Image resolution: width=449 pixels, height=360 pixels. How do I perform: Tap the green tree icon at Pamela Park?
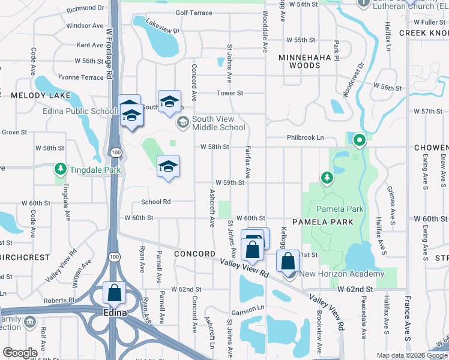click(327, 177)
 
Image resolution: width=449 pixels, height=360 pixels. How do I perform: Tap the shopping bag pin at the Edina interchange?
click(114, 293)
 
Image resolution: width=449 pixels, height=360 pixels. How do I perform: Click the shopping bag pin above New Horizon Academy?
click(288, 262)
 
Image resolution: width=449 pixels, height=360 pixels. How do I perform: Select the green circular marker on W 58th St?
click(360, 141)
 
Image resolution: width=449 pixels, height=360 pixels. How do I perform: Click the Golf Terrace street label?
click(194, 13)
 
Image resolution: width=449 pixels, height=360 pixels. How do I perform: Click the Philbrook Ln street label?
click(304, 137)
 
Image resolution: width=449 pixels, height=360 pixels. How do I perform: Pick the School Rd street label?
click(155, 202)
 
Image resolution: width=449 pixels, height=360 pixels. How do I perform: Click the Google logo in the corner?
click(20, 352)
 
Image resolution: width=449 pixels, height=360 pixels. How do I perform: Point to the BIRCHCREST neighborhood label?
click(25, 257)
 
